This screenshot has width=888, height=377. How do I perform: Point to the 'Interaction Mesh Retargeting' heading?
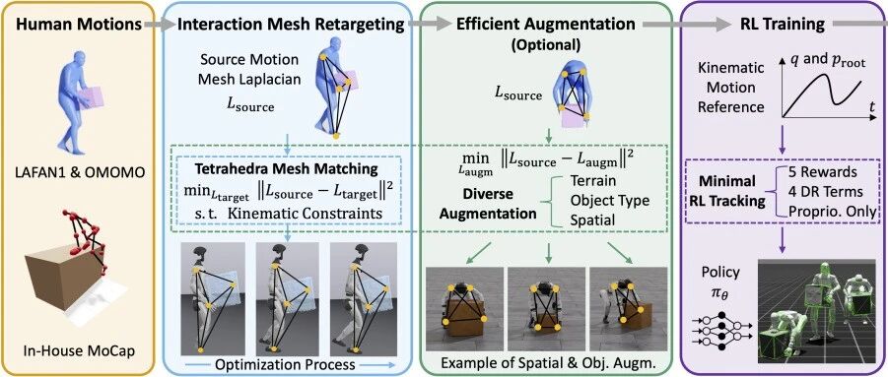[x=291, y=26]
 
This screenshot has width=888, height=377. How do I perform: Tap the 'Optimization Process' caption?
[x=286, y=364]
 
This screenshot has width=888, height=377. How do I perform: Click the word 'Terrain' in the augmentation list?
[x=592, y=182]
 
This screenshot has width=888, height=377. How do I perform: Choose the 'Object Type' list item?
[x=609, y=201]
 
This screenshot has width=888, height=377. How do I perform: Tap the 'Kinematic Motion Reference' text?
[x=730, y=89]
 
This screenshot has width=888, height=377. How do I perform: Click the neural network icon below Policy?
[x=720, y=329]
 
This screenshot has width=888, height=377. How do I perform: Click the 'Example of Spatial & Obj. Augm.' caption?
[x=547, y=364]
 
